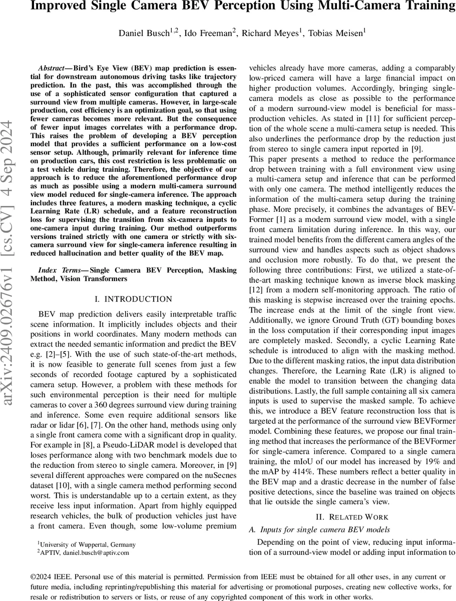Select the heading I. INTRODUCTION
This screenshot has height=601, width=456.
pyautogui.click(x=133, y=299)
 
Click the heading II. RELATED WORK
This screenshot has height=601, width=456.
pyautogui.click(x=352, y=517)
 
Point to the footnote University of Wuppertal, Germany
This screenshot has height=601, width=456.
pyautogui.click(x=88, y=544)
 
